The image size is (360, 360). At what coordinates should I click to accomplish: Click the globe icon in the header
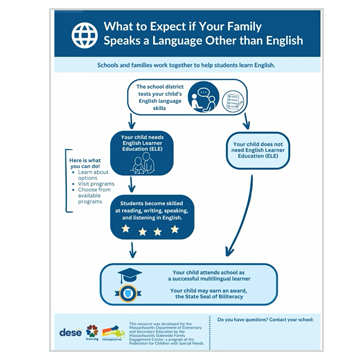pos(83,33)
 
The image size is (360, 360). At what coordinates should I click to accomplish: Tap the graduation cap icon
pos(127,279)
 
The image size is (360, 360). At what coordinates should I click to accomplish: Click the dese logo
pos(72,331)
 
